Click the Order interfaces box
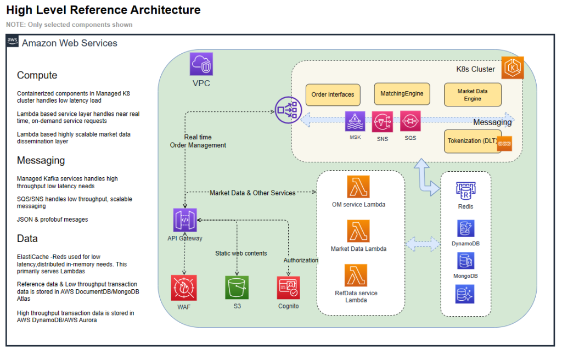click(333, 94)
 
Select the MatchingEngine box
click(402, 94)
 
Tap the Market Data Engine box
click(473, 95)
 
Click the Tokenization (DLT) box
click(473, 142)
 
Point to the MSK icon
click(355, 121)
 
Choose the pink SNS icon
click(382, 122)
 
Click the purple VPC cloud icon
click(201, 64)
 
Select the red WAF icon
click(184, 288)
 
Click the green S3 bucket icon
click(237, 288)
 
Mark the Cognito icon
click(289, 288)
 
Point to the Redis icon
click(465, 190)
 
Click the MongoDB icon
click(465, 260)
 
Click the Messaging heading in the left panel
click(41, 160)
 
